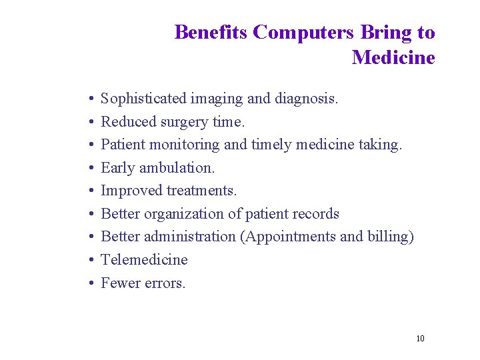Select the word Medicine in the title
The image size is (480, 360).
[x=393, y=57]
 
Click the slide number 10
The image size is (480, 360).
[x=420, y=339]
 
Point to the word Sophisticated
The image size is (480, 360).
[x=143, y=99]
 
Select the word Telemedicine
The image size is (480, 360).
[x=144, y=260]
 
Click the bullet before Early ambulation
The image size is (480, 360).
[x=89, y=169]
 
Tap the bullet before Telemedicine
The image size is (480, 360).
[x=89, y=261]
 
